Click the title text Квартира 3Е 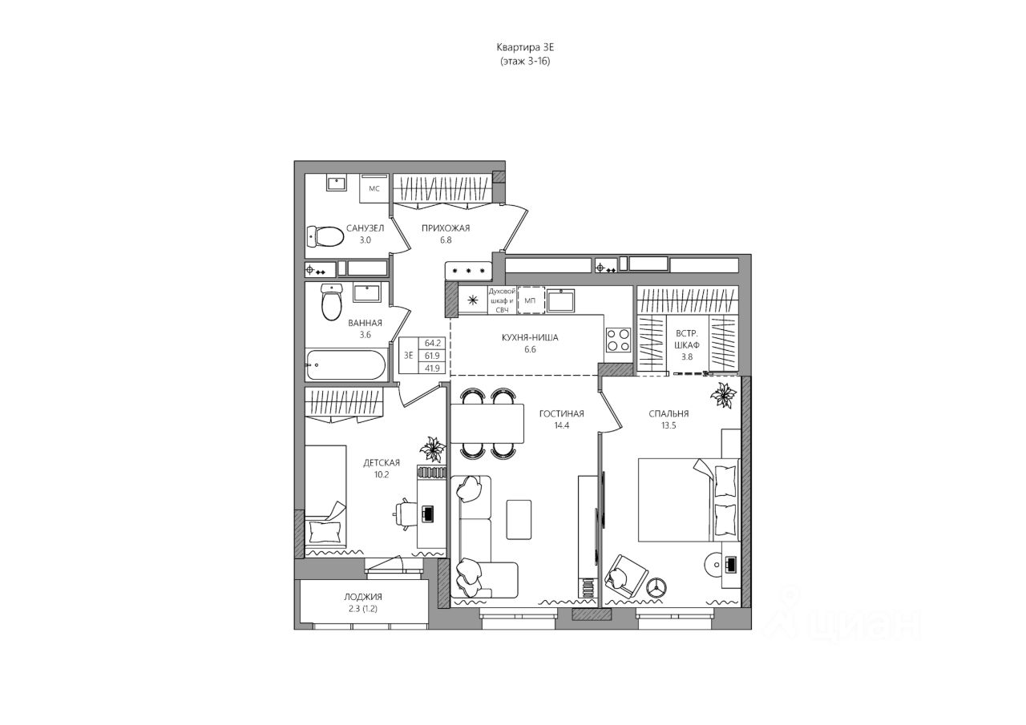(x=525, y=47)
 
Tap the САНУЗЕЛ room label (x=365, y=228)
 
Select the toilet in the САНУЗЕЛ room (x=325, y=236)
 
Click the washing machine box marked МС (x=374, y=188)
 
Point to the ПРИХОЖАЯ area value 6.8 (x=446, y=240)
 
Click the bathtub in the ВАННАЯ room (x=346, y=365)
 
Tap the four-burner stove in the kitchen (x=618, y=340)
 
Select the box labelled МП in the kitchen (x=531, y=300)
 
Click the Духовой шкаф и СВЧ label (x=503, y=300)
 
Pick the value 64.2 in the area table (x=432, y=343)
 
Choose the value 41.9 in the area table (x=432, y=368)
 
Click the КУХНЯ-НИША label (x=530, y=338)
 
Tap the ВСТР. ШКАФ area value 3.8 (x=687, y=356)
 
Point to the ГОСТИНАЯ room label (x=562, y=413)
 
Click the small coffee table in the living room (x=519, y=519)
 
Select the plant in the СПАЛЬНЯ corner (x=723, y=394)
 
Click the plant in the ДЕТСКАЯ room (x=432, y=449)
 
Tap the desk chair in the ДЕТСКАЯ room (x=405, y=514)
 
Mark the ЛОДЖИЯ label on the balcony (x=363, y=597)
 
